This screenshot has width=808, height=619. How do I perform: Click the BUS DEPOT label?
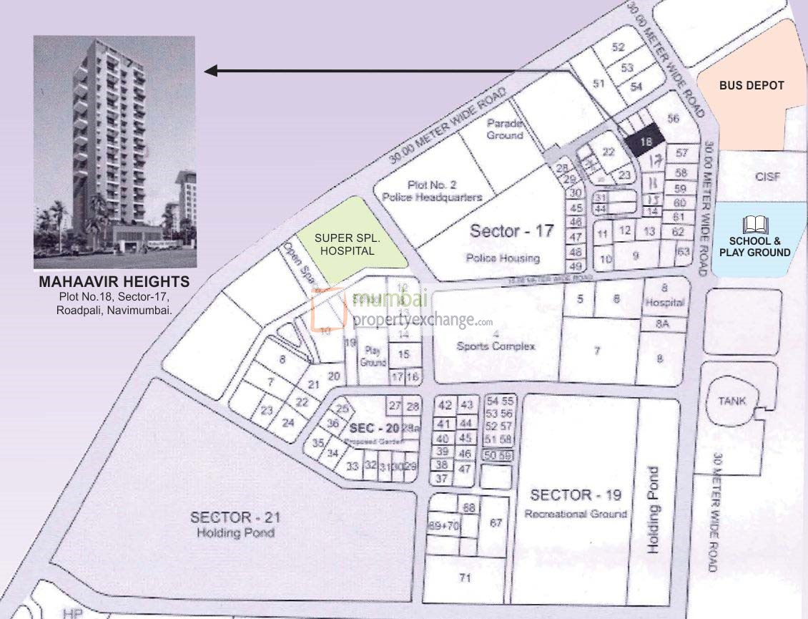coord(752,85)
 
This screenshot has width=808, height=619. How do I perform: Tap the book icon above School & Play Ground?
coord(754,225)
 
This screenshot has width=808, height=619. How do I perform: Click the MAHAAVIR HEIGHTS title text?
coord(114,282)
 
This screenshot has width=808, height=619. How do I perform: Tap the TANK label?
coord(732,401)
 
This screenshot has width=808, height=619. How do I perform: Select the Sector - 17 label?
coord(512,231)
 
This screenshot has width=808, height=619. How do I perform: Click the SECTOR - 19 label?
coord(576,495)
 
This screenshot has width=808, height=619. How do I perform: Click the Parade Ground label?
coord(505,129)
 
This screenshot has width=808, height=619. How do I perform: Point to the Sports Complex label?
coord(496,346)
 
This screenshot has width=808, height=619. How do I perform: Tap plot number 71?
coord(465,579)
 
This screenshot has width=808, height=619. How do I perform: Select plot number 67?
coord(495,523)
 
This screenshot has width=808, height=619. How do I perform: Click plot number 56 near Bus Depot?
coord(672,119)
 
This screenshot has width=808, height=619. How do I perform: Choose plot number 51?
coord(598,84)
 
